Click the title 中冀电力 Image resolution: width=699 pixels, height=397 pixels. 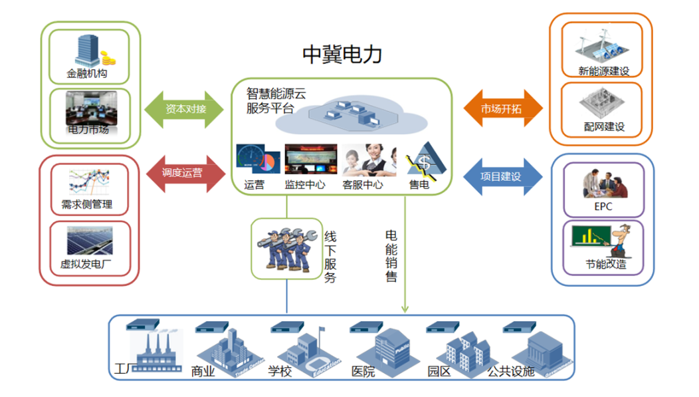coord(342,54)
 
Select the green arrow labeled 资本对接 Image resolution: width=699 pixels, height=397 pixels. coord(185,109)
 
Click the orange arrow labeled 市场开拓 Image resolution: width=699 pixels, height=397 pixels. coord(502,108)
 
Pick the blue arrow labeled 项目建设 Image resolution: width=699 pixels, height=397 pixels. coord(502,177)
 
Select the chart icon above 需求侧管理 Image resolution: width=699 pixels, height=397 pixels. coord(88,182)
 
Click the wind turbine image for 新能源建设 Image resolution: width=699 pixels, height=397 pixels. coord(603,48)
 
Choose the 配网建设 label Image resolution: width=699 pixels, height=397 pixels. coord(603,127)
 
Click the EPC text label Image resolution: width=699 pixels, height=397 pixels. coord(603,207)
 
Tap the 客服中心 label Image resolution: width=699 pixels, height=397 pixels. coord(363,185)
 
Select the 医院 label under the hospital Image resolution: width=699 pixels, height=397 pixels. coord(363,372)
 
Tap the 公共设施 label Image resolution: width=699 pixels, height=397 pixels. coord(511,371)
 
